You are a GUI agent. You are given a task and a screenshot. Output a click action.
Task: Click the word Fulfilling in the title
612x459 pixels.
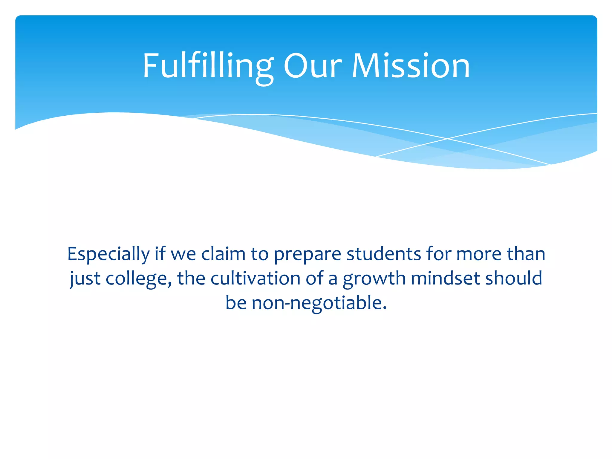coord(208,66)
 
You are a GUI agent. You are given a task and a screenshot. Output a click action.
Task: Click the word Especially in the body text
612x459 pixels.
coord(108,255)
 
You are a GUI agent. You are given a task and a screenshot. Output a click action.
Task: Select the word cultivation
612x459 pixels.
coord(255,278)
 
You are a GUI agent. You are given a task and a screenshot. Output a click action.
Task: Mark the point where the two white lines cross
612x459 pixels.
coord(447,139)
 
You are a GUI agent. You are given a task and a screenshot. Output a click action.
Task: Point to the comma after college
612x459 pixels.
coord(170,284)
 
